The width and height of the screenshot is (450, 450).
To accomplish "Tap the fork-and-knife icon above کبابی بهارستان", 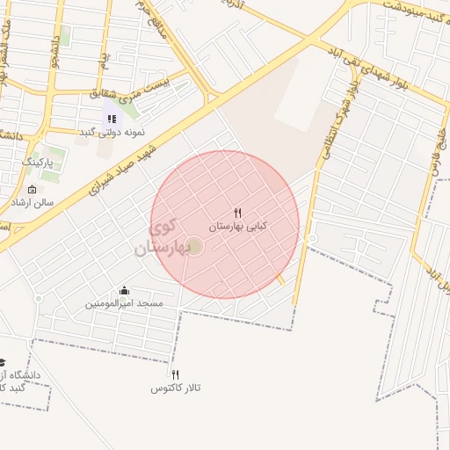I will click(237, 214).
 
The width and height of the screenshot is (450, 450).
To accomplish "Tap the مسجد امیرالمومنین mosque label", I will click(124, 303).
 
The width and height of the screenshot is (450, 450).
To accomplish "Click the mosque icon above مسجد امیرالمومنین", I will click(124, 291).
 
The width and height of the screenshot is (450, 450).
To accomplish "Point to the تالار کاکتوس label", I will click(176, 388).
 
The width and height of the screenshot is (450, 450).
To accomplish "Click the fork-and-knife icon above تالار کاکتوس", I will click(175, 375).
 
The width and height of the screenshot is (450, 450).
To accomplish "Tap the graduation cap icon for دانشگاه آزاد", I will click(3, 363).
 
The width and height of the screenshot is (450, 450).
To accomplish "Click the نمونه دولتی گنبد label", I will click(112, 132).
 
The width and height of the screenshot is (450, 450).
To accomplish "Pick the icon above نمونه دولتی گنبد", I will click(112, 119).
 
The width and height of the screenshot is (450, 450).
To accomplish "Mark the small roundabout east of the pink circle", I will click(312, 238).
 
